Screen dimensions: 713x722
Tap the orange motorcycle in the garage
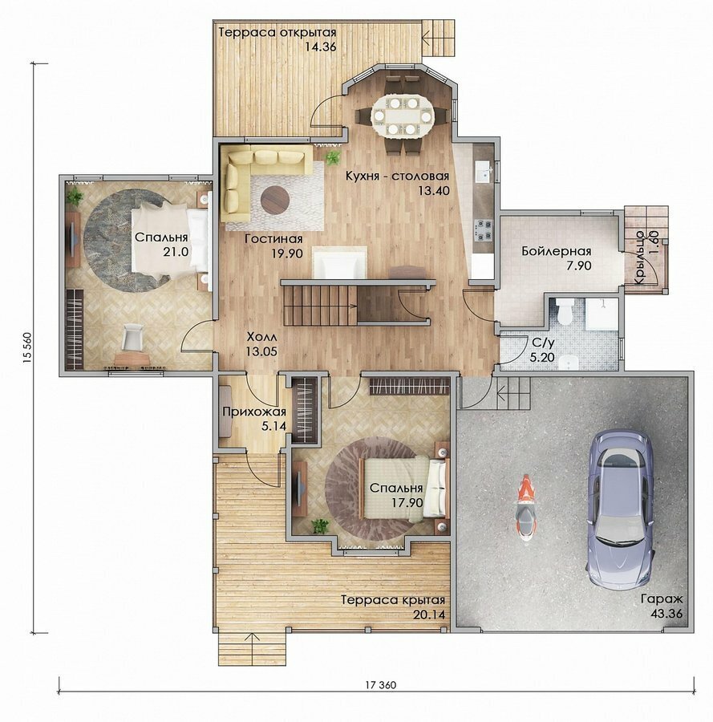tap(525, 508)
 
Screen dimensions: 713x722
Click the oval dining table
tap(403, 116)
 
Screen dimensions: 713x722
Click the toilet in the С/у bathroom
tap(564, 311)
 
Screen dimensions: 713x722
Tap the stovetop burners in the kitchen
tap(483, 231)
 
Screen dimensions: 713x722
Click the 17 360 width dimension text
tap(381, 685)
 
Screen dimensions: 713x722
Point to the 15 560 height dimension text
tap(26, 347)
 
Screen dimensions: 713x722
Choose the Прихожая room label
tap(254, 412)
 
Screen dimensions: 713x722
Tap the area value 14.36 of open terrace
tap(321, 47)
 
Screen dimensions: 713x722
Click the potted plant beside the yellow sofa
tap(333, 157)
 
